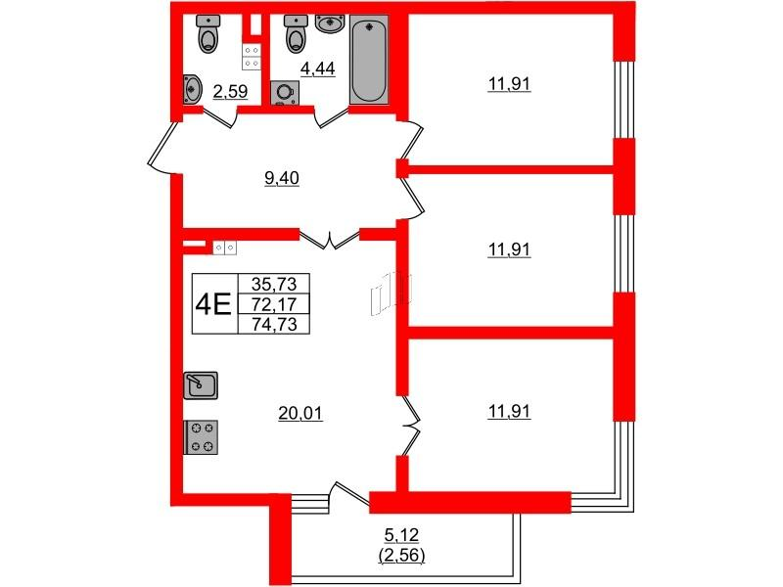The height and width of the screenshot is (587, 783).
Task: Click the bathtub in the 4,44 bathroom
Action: click(x=369, y=60)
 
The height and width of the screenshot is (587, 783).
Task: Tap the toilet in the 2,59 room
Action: click(x=208, y=33)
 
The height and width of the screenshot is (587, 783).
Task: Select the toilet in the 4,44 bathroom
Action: click(x=296, y=33)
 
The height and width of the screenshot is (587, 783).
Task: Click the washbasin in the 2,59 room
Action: click(x=192, y=89)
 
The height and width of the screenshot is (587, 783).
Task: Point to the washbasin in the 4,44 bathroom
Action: click(x=330, y=23)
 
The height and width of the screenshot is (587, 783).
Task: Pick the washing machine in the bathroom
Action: click(x=285, y=93)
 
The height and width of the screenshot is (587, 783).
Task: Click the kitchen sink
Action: click(x=201, y=385)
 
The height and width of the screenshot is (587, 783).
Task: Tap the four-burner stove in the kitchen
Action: click(x=201, y=437)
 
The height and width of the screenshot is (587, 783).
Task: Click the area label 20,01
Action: click(x=300, y=413)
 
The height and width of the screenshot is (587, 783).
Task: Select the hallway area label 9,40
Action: click(x=282, y=178)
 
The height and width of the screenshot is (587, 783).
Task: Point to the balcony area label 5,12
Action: click(x=401, y=535)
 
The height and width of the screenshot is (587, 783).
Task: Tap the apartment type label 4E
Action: click(x=213, y=304)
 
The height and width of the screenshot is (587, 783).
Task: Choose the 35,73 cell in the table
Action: click(x=274, y=284)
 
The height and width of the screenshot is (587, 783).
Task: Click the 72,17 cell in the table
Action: click(x=274, y=304)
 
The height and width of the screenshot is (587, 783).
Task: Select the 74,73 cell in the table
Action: click(x=274, y=324)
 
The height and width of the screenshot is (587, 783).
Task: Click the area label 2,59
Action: click(x=230, y=92)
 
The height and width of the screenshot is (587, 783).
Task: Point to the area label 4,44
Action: click(x=317, y=68)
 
